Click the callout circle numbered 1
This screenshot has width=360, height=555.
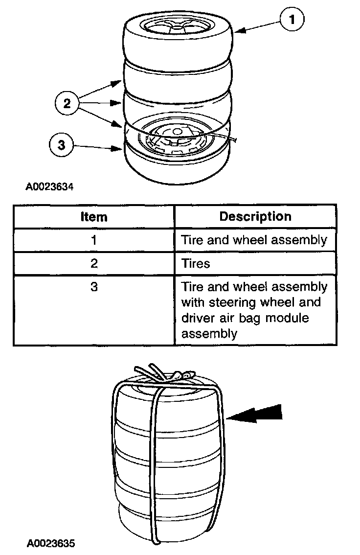[x=292, y=20]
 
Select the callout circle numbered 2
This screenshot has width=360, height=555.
[x=67, y=103]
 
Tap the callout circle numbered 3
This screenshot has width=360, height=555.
[x=61, y=145]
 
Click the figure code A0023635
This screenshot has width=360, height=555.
[x=51, y=543]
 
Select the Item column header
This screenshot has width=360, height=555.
[x=94, y=217]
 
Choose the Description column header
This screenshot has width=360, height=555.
[x=255, y=216]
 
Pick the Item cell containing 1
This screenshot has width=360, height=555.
[x=94, y=240]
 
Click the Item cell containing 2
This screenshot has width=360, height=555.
[x=94, y=264]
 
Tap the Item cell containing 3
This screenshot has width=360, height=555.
[x=94, y=287]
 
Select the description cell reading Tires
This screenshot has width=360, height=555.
[x=196, y=264]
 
